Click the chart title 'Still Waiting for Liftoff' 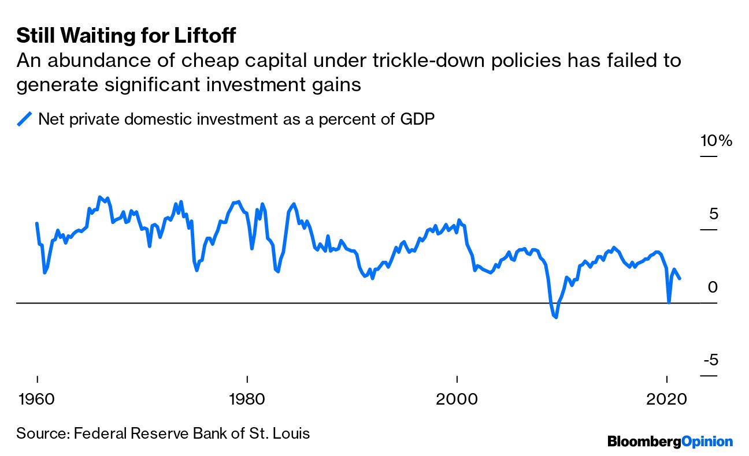[126, 36]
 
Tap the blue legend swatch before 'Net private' [25, 119]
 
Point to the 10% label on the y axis [716, 141]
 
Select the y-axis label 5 [715, 214]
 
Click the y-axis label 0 [713, 287]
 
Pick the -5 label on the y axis [711, 360]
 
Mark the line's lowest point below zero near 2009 [556, 317]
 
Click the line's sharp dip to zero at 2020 [669, 302]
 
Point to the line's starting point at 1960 [37, 223]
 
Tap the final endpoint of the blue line [680, 279]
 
